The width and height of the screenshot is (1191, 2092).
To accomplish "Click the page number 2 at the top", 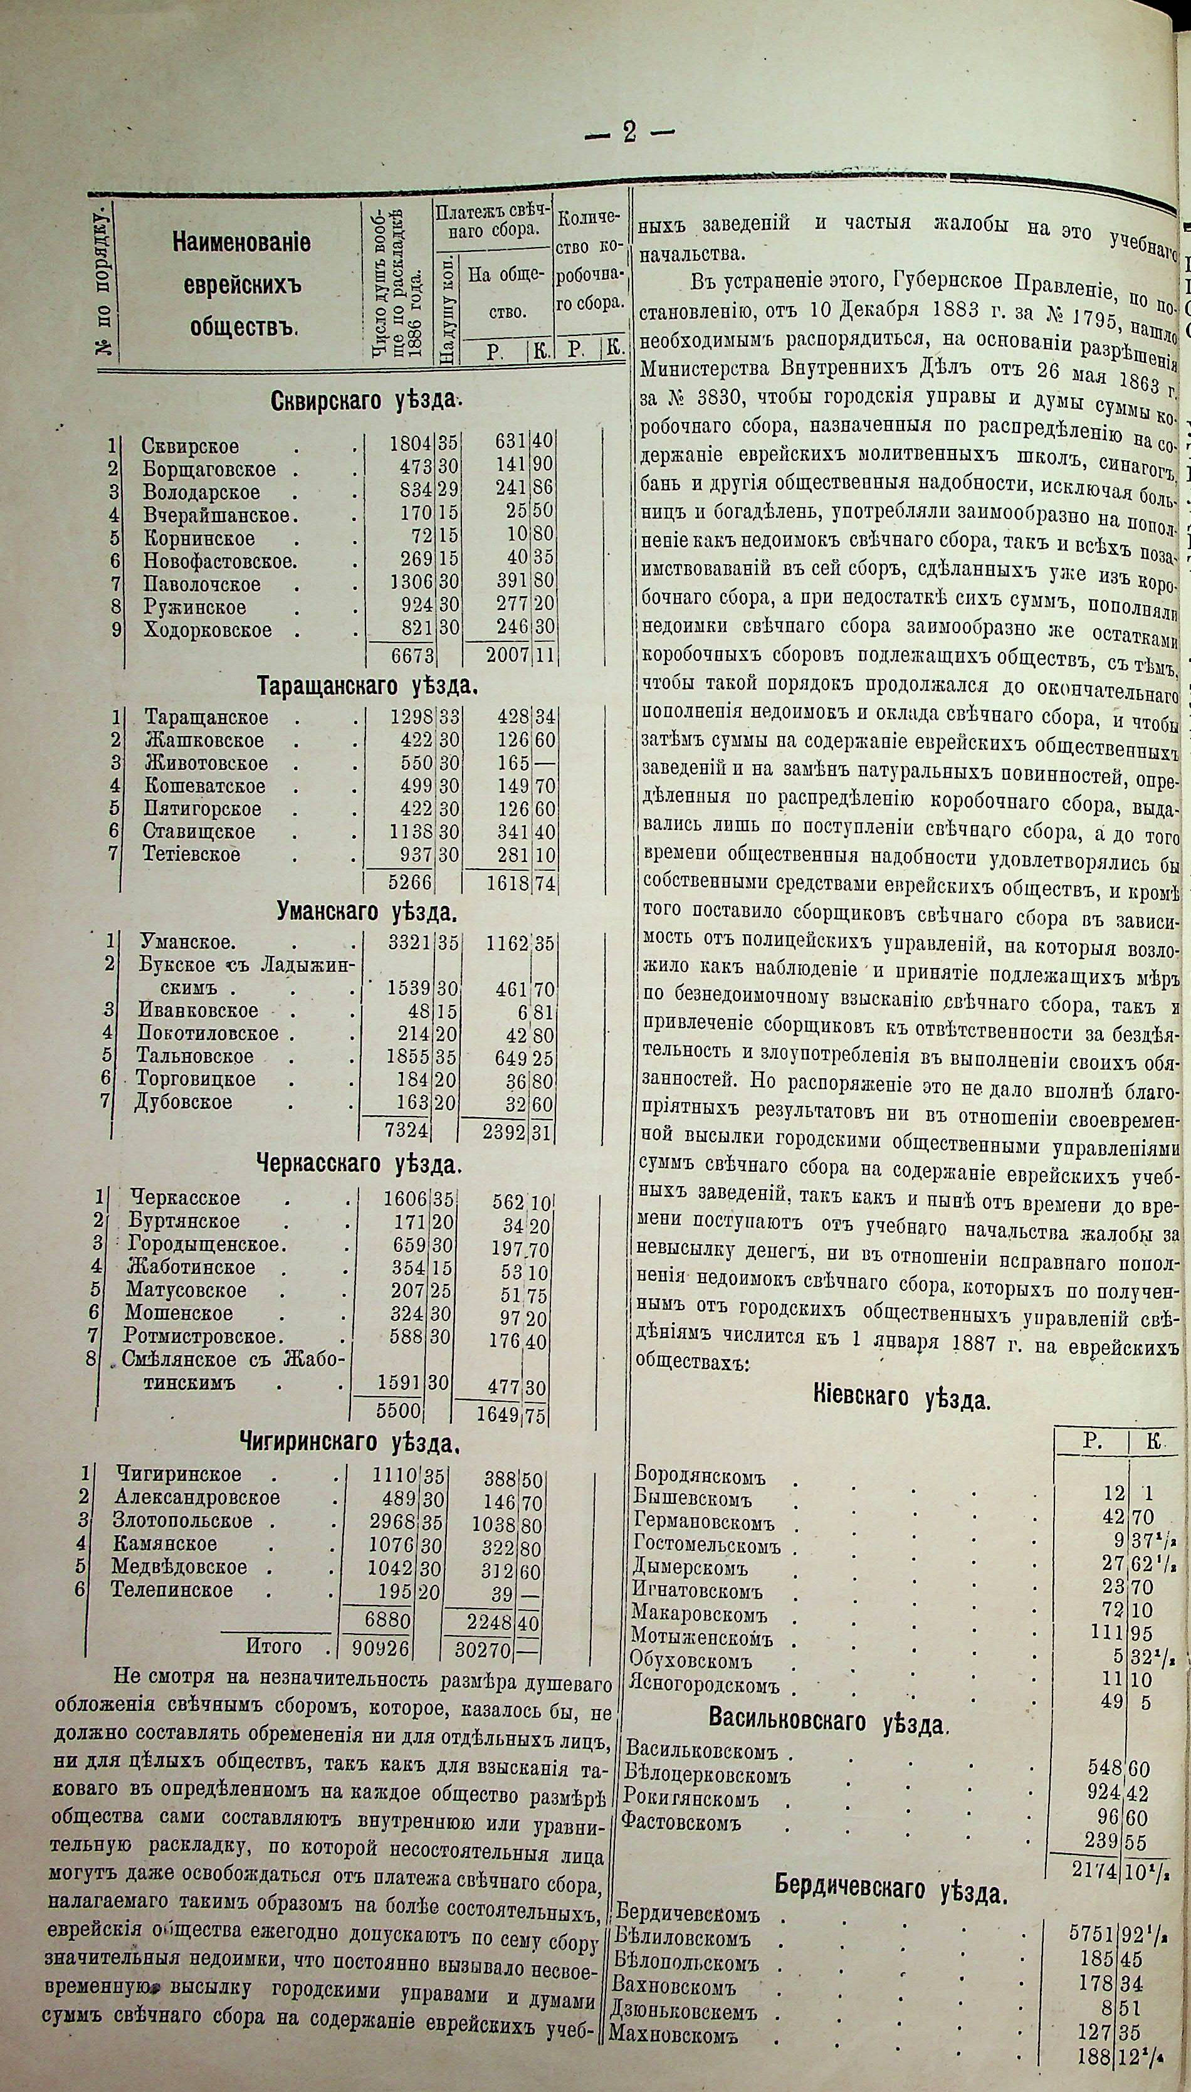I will (628, 132).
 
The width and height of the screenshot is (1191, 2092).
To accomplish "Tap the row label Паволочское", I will (202, 585).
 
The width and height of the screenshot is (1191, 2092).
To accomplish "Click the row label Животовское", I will (206, 763).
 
